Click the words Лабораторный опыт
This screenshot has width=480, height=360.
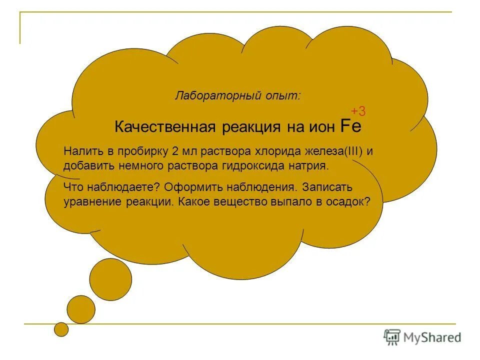coord(237,95)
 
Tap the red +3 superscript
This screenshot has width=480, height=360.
coord(358,111)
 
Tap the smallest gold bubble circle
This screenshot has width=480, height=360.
coord(61,328)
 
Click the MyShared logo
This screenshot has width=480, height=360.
coord(422,337)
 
